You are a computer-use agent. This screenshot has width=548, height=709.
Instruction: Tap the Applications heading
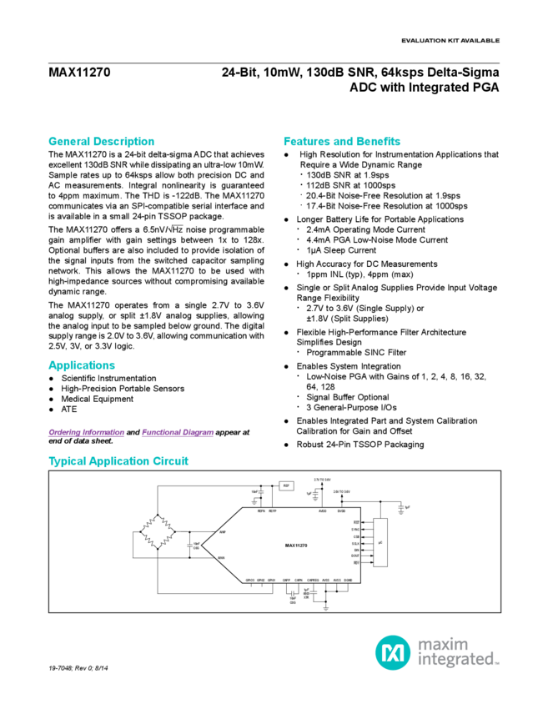tap(82, 365)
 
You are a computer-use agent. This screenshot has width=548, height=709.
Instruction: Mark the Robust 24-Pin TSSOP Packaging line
tap(361, 445)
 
